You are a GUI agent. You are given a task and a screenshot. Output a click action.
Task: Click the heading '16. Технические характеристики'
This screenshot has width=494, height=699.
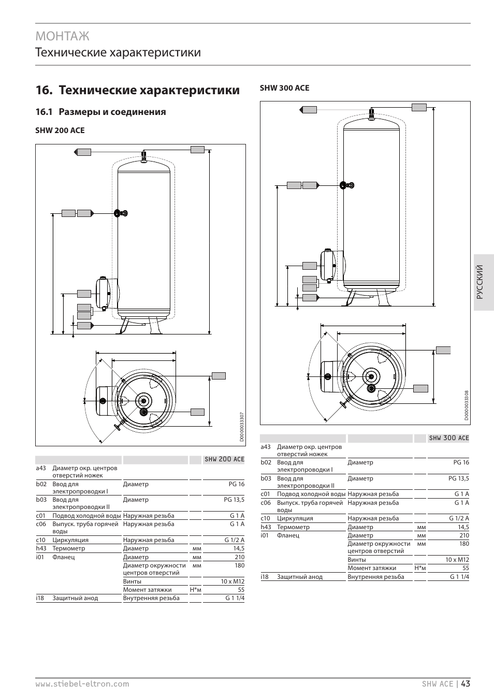(x=138, y=90)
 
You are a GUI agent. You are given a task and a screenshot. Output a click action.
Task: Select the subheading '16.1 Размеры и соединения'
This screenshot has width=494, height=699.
(x=100, y=112)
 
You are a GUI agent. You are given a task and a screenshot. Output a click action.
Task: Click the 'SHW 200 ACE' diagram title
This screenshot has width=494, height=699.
(x=60, y=130)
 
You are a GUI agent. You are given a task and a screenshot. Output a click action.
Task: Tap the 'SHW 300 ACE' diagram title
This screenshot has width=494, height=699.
(x=284, y=88)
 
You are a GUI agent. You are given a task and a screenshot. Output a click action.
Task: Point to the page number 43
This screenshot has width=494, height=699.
(x=465, y=683)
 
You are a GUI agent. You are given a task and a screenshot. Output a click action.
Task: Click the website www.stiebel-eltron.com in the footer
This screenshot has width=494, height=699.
(x=82, y=684)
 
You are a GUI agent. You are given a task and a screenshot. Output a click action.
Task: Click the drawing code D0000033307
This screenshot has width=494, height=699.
(x=242, y=427)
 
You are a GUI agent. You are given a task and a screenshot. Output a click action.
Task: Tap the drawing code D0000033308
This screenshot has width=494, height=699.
(x=466, y=406)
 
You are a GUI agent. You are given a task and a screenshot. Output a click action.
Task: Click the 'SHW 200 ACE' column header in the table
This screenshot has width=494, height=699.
(x=224, y=459)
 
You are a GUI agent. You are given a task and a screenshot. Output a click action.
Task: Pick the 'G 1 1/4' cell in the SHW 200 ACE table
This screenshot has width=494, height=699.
(x=235, y=598)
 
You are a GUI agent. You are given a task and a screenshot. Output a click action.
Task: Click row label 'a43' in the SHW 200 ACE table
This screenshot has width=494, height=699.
(x=41, y=468)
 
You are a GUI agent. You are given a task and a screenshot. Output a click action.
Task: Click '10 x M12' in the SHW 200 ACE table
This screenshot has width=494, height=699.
(x=233, y=581)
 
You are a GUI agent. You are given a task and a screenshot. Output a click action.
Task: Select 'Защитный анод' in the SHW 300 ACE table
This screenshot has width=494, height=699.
(x=299, y=577)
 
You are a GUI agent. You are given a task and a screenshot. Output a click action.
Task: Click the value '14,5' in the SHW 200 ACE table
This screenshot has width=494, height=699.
(x=238, y=548)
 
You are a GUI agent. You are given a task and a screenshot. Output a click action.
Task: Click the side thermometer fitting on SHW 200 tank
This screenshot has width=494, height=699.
(x=121, y=213)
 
